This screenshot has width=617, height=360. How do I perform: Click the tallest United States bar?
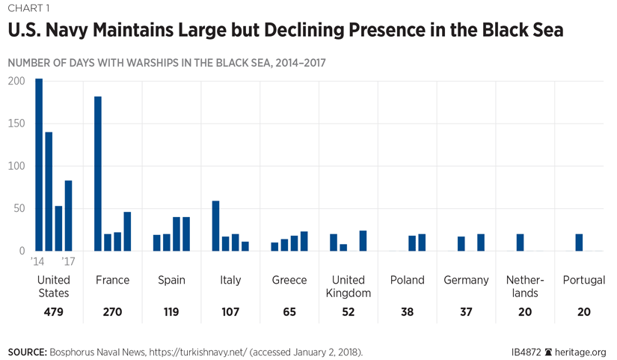click(x=39, y=165)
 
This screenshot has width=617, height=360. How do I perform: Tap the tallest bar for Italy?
click(x=215, y=225)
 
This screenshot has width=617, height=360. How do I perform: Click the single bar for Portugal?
click(x=579, y=242)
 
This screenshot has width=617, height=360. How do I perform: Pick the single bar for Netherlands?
click(x=520, y=242)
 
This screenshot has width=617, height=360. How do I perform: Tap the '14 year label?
click(x=38, y=262)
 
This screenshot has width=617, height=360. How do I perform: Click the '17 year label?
click(x=67, y=262)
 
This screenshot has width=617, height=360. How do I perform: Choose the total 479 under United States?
click(x=53, y=312)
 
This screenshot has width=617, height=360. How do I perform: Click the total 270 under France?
click(x=112, y=312)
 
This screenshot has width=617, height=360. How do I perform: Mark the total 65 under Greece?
click(x=289, y=312)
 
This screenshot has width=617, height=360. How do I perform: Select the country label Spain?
click(x=171, y=280)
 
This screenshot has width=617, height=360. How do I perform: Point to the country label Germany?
click(x=466, y=280)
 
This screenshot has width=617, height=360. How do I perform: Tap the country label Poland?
click(x=407, y=280)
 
